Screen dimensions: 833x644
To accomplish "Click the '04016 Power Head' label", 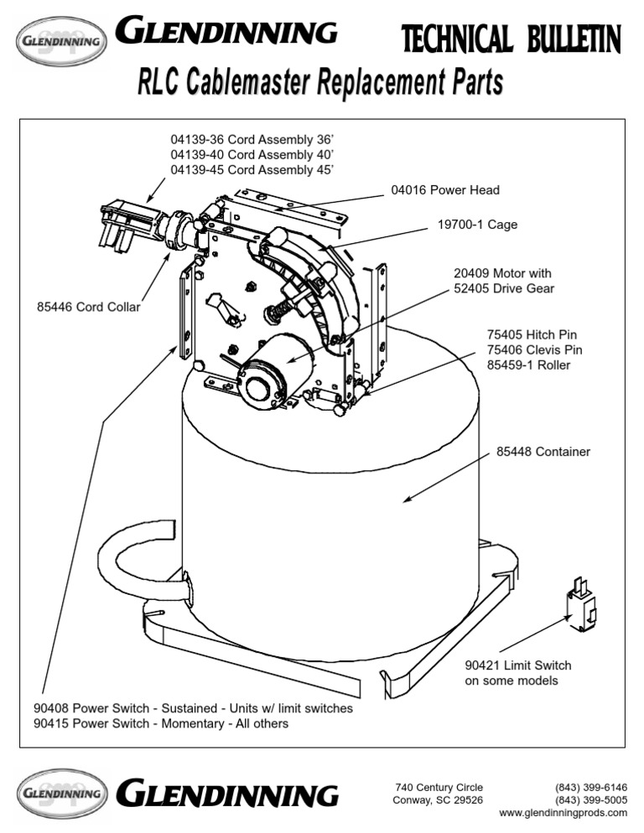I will (x=444, y=190).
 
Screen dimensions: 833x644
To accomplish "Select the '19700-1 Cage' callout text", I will (x=477, y=225).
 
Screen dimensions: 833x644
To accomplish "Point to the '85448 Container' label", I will (x=543, y=452).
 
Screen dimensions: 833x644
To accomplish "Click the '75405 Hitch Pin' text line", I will (x=532, y=334).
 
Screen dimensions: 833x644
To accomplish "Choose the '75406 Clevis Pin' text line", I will (x=534, y=349).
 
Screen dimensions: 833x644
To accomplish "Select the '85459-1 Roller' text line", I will (x=530, y=365).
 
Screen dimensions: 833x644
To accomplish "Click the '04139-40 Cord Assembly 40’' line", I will (x=252, y=154).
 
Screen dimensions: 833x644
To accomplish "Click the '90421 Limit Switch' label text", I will (x=517, y=665).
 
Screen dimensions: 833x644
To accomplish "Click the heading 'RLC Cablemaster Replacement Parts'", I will (x=321, y=84).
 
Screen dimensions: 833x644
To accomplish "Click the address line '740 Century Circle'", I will (x=439, y=787).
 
